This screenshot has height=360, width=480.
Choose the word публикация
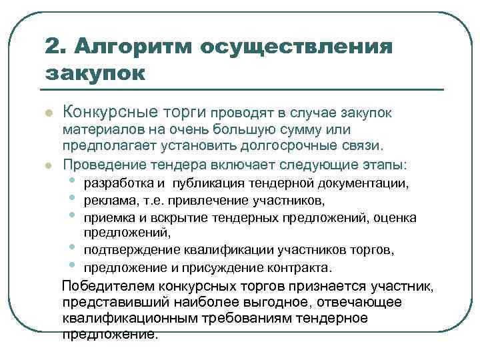(x=205, y=183)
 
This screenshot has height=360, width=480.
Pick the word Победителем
(x=109, y=287)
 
